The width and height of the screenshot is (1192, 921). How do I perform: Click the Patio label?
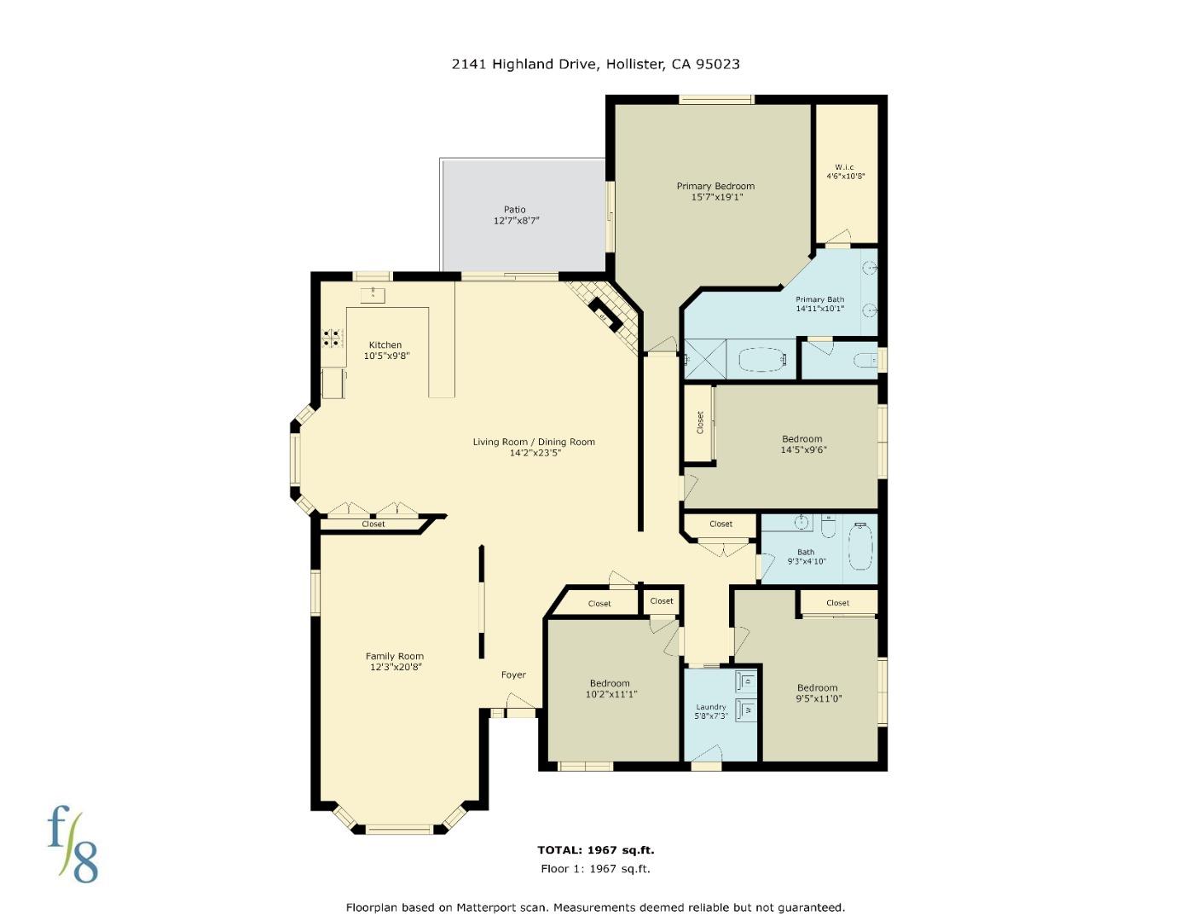coord(514,209)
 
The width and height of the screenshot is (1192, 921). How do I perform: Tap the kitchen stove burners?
coord(333,338)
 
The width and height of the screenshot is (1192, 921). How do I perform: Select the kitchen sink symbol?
coord(373,296)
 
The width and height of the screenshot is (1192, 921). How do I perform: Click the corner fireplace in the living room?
coord(608,315)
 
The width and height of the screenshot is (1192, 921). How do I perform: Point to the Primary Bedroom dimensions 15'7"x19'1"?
coord(716,197)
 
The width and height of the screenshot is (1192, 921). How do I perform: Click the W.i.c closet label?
coord(845,167)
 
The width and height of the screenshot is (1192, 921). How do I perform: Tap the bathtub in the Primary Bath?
coord(761,359)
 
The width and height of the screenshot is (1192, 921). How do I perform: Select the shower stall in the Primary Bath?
coord(706,359)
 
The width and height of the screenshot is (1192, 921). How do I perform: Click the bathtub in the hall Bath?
coord(860,547)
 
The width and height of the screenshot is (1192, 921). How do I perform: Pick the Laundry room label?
coord(710,707)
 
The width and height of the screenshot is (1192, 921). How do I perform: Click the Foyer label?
coord(513,675)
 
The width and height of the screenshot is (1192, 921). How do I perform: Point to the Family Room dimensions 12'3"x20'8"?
coord(396,667)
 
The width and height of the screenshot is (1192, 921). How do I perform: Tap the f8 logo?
coord(72,844)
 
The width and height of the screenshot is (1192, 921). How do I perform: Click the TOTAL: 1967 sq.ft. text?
coord(595,849)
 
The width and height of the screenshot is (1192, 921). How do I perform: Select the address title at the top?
coord(595,64)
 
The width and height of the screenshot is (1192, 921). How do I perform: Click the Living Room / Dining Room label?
coord(534,442)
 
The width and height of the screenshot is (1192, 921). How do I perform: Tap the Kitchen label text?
coord(385,345)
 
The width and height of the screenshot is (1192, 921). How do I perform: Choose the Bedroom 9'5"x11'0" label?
coord(817,688)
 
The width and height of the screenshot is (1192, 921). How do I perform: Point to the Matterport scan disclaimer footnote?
coord(595,907)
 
